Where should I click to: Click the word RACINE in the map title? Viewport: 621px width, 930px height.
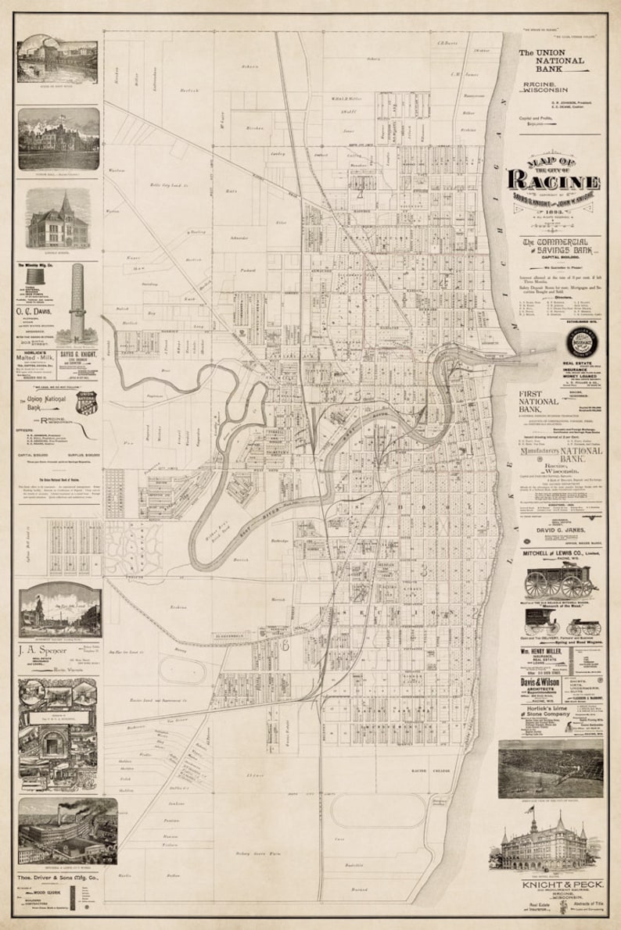tap(554, 179)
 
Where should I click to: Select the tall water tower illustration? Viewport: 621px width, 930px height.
tap(77, 301)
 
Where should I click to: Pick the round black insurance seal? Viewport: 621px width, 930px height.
tap(583, 343)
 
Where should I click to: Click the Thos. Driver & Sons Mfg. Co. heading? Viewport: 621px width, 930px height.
tap(58, 878)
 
